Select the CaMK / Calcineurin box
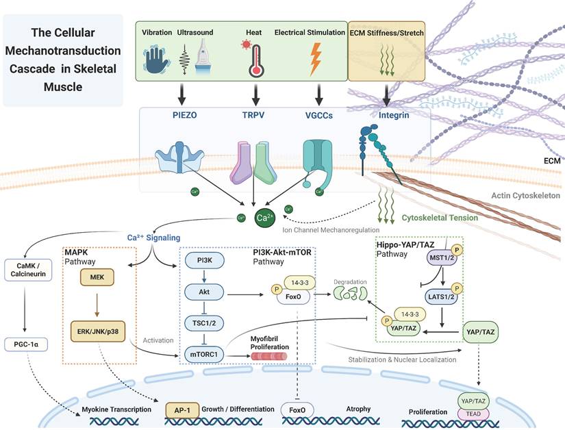tap(24, 269)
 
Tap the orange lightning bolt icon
tap(316, 60)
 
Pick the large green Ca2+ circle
tap(264, 218)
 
